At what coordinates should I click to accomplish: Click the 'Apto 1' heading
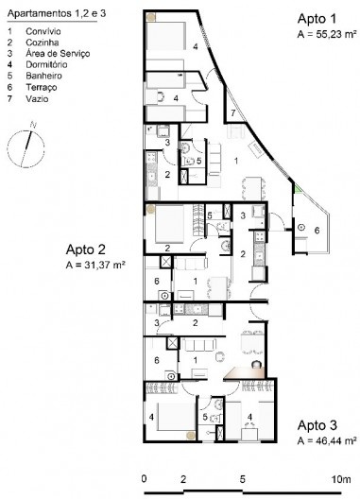pos(317,19)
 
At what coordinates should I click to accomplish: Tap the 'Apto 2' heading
pos(85,250)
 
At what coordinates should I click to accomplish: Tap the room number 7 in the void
pos(233,112)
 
